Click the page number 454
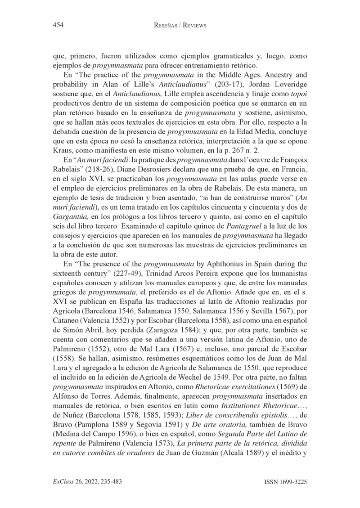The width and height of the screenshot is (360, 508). point(58,25)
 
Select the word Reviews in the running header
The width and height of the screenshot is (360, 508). point(192,25)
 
